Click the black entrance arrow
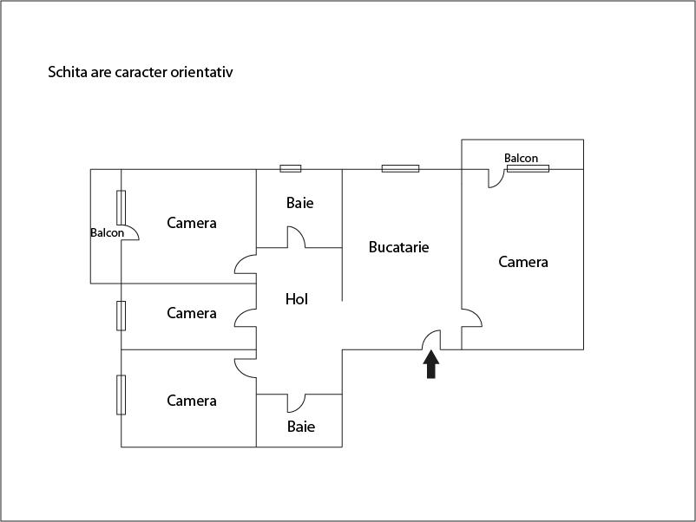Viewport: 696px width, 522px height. pyautogui.click(x=431, y=364)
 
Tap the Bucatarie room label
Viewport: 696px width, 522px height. pyautogui.click(x=398, y=247)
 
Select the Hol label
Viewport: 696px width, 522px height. pyautogui.click(x=297, y=299)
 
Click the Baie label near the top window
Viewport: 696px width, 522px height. pyautogui.click(x=300, y=203)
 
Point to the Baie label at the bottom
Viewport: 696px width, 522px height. pyautogui.click(x=301, y=427)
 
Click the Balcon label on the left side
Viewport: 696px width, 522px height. pyautogui.click(x=107, y=233)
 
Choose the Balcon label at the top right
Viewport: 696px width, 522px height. pyautogui.click(x=521, y=158)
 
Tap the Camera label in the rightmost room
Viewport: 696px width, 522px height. pyautogui.click(x=523, y=262)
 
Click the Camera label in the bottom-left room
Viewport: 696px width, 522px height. pyautogui.click(x=192, y=401)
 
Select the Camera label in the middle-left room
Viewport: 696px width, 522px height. pyautogui.click(x=192, y=313)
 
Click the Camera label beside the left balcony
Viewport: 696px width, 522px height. pyautogui.click(x=192, y=223)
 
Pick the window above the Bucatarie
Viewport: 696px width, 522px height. pyautogui.click(x=400, y=168)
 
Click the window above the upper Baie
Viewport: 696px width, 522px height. pyautogui.click(x=291, y=168)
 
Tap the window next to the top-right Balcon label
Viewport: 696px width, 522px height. pyautogui.click(x=529, y=168)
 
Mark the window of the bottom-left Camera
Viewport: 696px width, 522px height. pyautogui.click(x=121, y=395)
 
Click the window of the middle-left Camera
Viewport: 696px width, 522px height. pyautogui.click(x=121, y=316)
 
